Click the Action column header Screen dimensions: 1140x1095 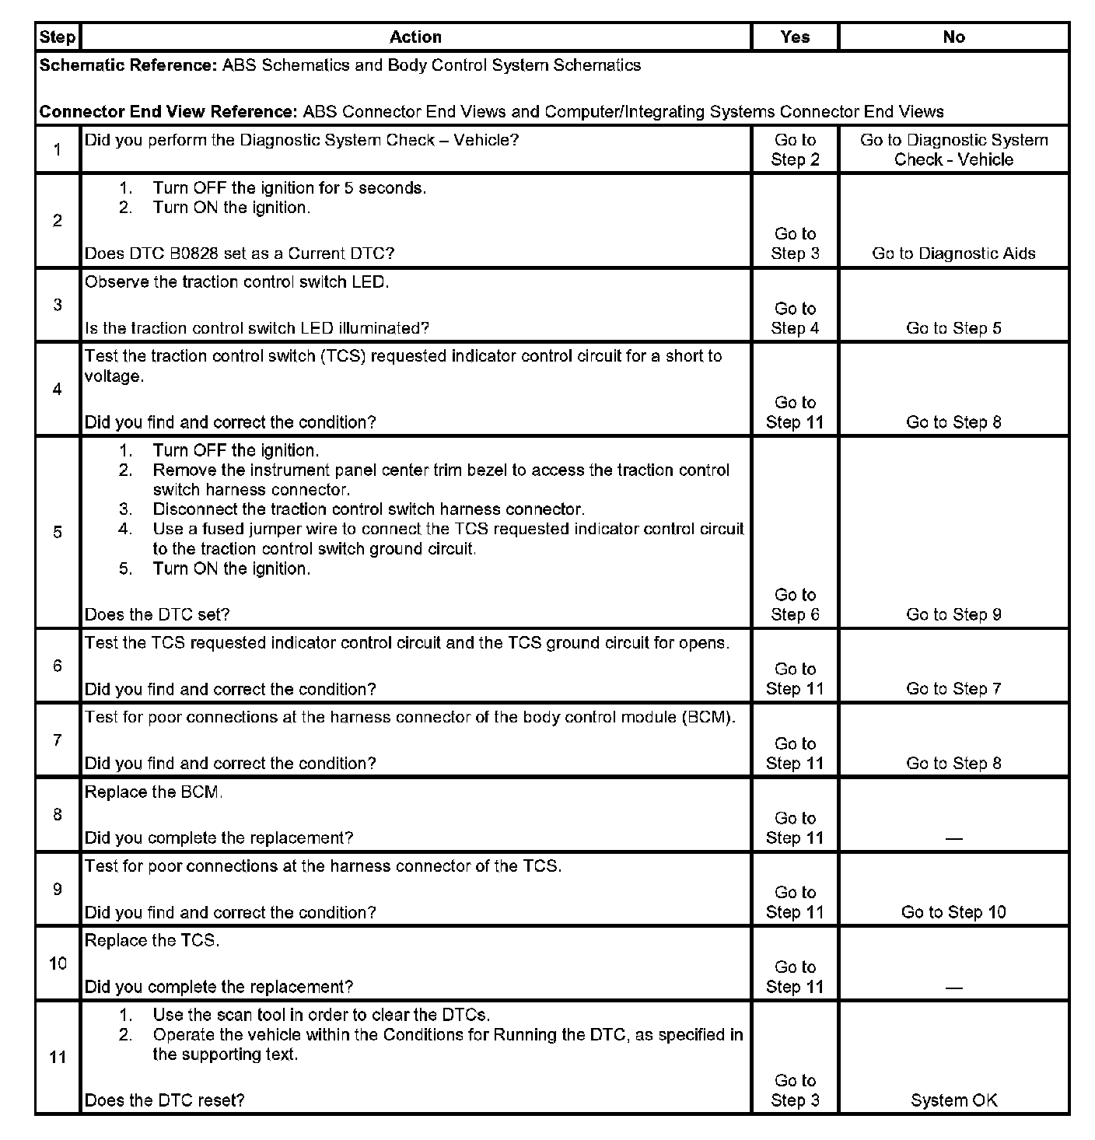(x=415, y=37)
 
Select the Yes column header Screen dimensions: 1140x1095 (x=795, y=37)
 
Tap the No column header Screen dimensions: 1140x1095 (x=953, y=37)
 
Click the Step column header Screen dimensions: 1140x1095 (x=58, y=37)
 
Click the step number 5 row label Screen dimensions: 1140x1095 (x=58, y=532)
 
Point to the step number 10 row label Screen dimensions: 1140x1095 (x=58, y=963)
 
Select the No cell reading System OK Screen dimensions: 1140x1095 (x=953, y=1100)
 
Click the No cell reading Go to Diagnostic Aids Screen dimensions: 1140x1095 (x=953, y=254)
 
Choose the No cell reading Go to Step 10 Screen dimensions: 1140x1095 (x=953, y=912)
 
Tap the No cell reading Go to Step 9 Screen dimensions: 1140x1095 (x=953, y=614)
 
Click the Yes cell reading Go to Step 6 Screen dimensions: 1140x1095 (x=795, y=605)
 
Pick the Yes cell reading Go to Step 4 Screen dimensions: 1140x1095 (x=795, y=319)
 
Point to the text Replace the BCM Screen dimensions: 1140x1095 (x=153, y=792)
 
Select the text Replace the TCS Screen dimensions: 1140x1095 (x=152, y=941)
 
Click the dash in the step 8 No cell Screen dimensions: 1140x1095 (x=953, y=839)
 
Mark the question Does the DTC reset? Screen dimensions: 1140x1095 (x=164, y=1100)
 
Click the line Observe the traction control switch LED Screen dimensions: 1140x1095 (x=236, y=282)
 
